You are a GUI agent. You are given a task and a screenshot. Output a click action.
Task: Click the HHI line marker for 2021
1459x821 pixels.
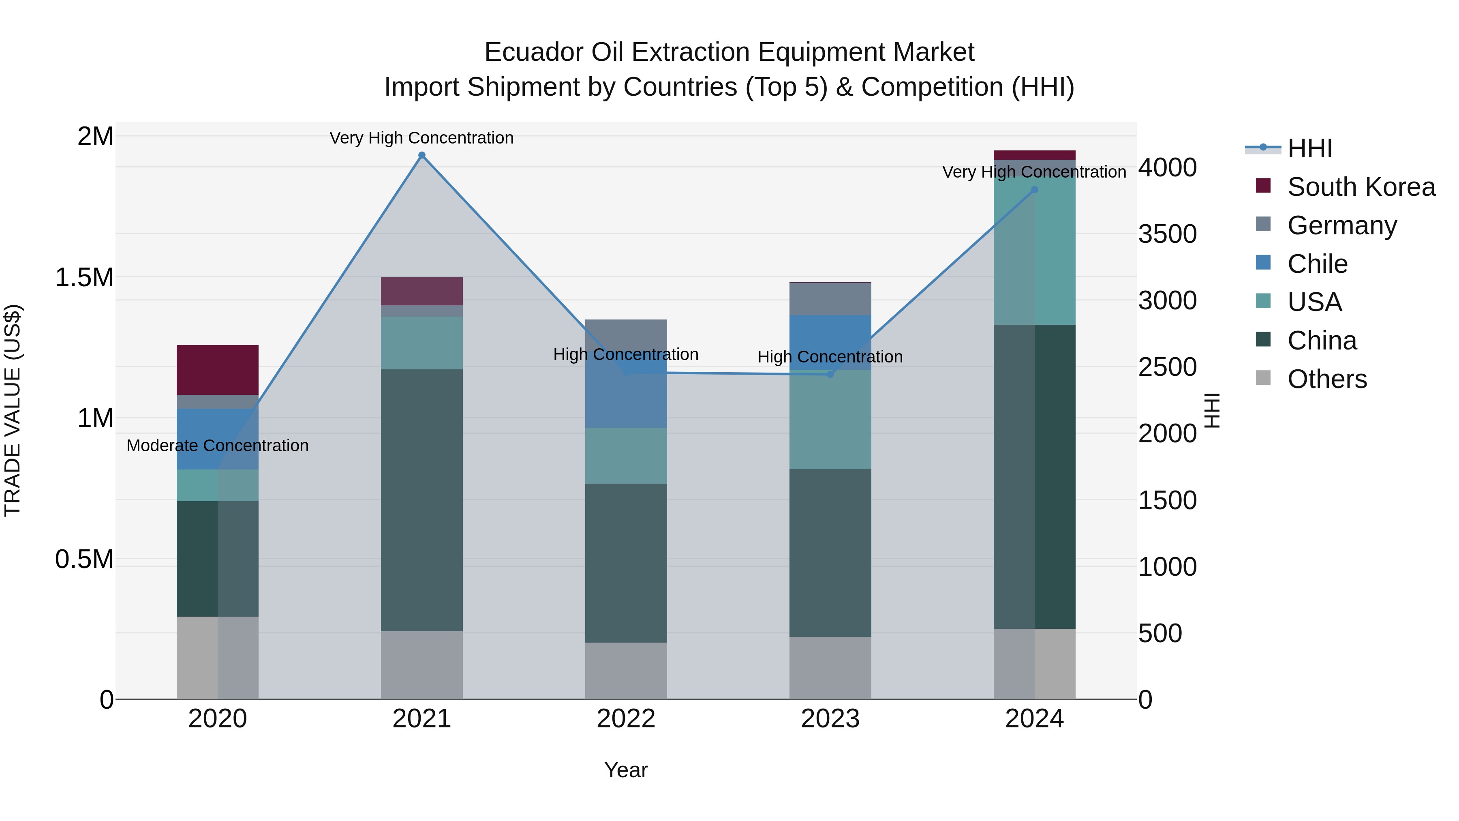[x=421, y=155]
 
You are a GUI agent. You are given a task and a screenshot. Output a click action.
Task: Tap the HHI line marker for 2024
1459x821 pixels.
[x=1034, y=190]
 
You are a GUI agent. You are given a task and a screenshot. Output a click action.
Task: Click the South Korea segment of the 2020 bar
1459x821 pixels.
[x=218, y=369]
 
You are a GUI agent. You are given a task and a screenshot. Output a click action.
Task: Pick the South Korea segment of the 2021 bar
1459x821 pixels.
[x=421, y=291]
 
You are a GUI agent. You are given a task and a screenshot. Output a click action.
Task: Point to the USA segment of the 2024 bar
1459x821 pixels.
[x=1034, y=251]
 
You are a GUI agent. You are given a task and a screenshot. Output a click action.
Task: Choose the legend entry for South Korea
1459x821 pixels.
[x=1361, y=187]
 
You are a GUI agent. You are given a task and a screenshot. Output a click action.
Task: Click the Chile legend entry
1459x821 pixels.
[x=1318, y=264]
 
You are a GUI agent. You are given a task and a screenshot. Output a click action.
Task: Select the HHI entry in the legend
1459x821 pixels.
[x=1309, y=148]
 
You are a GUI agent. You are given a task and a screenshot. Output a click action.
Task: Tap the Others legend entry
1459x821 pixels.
[x=1326, y=379]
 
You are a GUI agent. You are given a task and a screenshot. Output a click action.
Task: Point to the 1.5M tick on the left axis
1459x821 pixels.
[x=84, y=278]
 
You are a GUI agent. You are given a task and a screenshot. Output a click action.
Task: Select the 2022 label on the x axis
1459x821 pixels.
[x=626, y=719]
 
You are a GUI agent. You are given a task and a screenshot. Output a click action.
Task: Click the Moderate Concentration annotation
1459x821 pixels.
[x=218, y=446]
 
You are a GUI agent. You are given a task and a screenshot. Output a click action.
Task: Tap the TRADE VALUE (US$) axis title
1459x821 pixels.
[x=13, y=410]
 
